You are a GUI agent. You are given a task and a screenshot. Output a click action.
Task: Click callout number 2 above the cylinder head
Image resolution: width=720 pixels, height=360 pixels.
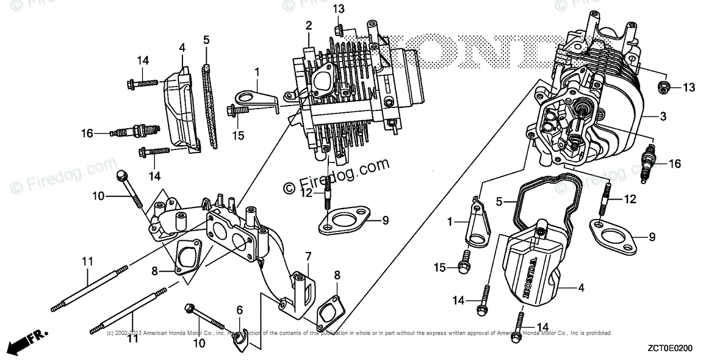tap(309, 25)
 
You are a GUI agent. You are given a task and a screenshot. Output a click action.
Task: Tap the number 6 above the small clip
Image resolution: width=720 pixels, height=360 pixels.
tap(240, 310)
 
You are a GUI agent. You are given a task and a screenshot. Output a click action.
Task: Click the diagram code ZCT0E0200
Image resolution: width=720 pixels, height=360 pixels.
tap(682, 347)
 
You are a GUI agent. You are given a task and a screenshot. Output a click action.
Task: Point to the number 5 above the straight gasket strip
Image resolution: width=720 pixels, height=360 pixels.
tap(206, 40)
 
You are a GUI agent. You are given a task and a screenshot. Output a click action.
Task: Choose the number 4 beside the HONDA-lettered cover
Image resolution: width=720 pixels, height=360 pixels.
tap(581, 288)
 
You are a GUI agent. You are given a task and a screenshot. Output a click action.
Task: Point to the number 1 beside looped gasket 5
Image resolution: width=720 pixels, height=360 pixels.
tap(450, 223)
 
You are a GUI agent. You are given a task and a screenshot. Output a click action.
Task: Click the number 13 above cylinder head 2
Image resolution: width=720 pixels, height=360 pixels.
tap(339, 9)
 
